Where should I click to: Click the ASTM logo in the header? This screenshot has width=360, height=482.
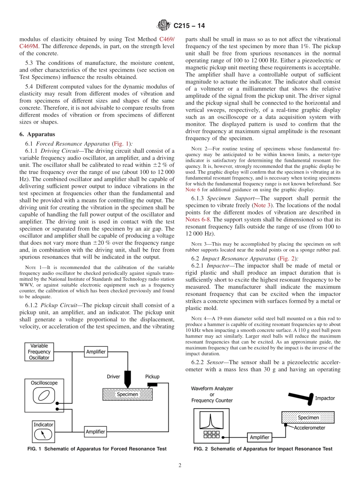pyautogui.click(x=164, y=25)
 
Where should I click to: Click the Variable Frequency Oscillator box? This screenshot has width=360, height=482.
pyautogui.click(x=39, y=352)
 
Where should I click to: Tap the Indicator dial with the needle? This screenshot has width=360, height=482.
pyautogui.click(x=43, y=434)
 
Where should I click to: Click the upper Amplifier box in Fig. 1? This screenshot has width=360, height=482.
pyautogui.click(x=95, y=352)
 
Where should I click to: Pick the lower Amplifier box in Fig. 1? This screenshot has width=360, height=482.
pyautogui.click(x=95, y=432)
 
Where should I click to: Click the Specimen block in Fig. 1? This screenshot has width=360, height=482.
pyautogui.click(x=127, y=394)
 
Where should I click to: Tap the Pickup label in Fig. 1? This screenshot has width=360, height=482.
pyautogui.click(x=152, y=377)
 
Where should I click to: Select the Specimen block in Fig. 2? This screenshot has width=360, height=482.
pyautogui.click(x=308, y=418)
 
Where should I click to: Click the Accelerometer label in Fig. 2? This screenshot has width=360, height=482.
pyautogui.click(x=310, y=428)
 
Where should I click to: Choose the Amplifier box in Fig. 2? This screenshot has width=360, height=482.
pyautogui.click(x=260, y=437)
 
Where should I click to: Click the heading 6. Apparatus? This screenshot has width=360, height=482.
pyautogui.click(x=37, y=134)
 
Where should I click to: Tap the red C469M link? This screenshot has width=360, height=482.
pyautogui.click(x=29, y=46)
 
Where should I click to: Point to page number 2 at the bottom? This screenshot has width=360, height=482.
pyautogui.click(x=180, y=465)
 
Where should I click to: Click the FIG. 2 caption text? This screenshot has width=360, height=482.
pyautogui.click(x=263, y=449)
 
